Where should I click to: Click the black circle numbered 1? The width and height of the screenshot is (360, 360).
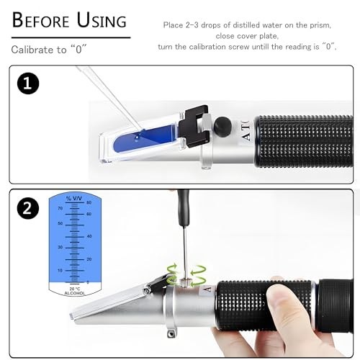coord(29,84)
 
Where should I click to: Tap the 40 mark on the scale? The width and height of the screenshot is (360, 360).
coord(89,235)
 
